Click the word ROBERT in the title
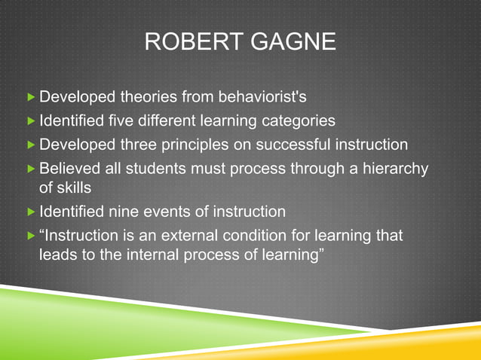coord(186,41)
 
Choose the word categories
coord(297,121)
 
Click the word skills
coord(69,186)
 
